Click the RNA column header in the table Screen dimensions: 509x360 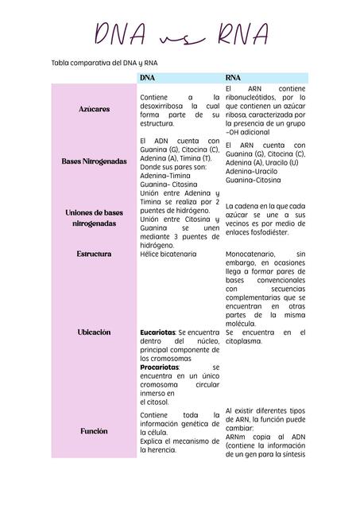[x=234, y=78]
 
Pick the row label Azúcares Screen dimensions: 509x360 [x=95, y=107]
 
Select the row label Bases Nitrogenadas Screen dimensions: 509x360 [x=95, y=161]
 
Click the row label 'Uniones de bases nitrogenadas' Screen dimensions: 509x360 [x=95, y=219]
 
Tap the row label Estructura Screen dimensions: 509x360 [x=95, y=254]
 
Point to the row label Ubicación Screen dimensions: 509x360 [x=95, y=332]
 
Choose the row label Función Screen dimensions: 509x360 [x=95, y=430]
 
